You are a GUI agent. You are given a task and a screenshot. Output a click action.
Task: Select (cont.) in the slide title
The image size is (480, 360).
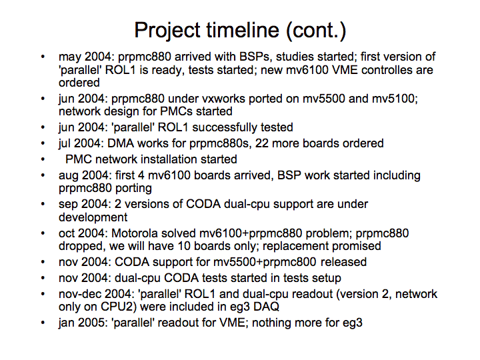[316, 31]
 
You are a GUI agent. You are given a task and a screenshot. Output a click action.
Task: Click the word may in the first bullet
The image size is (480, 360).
[70, 57]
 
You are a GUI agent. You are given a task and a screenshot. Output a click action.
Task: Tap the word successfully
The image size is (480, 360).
[225, 127]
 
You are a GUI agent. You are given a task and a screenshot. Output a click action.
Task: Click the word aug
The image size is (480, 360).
[68, 176]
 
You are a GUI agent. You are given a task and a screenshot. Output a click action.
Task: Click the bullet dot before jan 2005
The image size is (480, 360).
[43, 323]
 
